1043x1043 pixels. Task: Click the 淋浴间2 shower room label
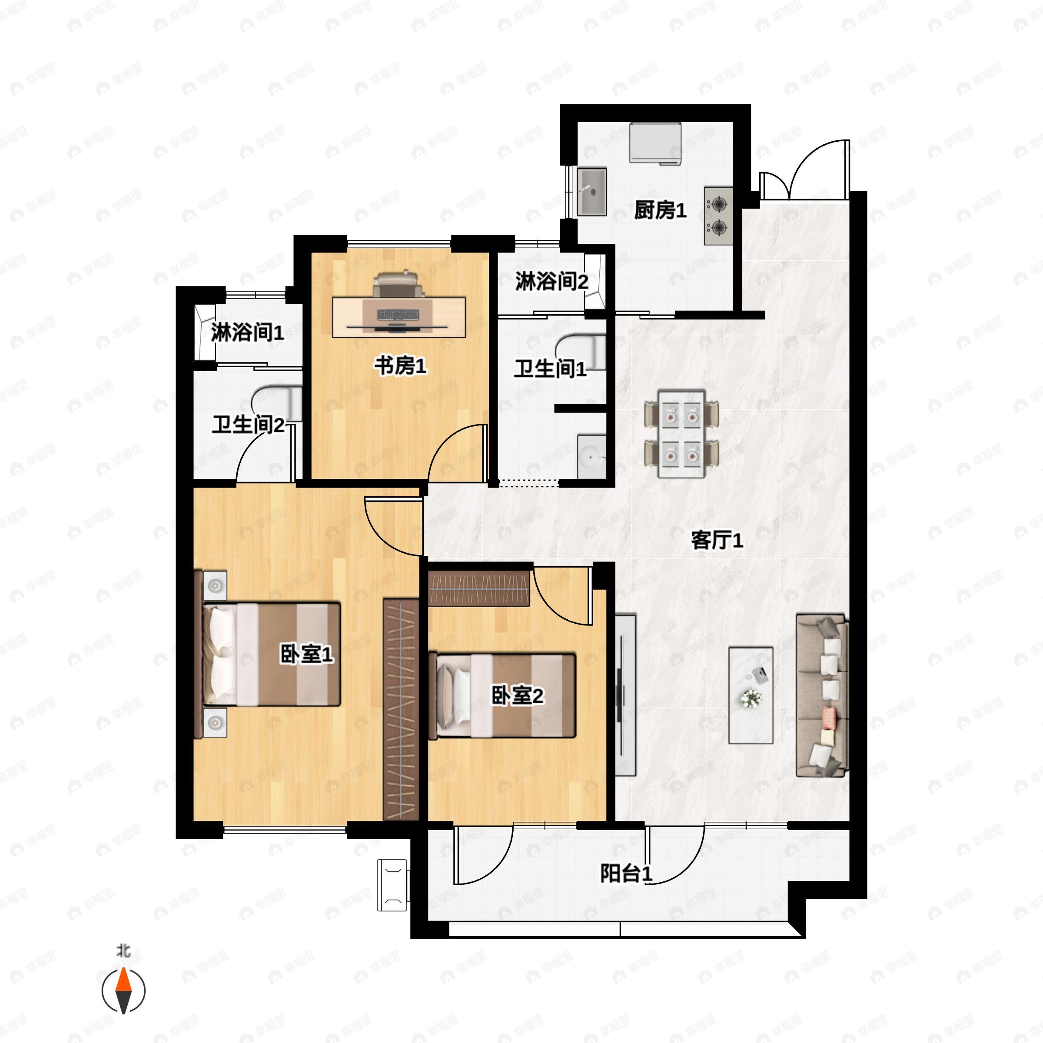551,281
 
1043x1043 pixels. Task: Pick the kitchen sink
591,192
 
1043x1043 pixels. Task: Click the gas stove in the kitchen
718,216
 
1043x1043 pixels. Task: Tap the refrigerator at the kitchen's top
655,143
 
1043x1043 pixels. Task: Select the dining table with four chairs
681,434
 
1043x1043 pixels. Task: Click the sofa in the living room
822,695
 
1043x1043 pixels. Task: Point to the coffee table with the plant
751,695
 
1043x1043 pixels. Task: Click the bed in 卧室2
502,696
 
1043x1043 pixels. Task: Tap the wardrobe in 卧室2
478,588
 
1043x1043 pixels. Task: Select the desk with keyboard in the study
399,317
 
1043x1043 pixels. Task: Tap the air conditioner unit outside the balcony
392,885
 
